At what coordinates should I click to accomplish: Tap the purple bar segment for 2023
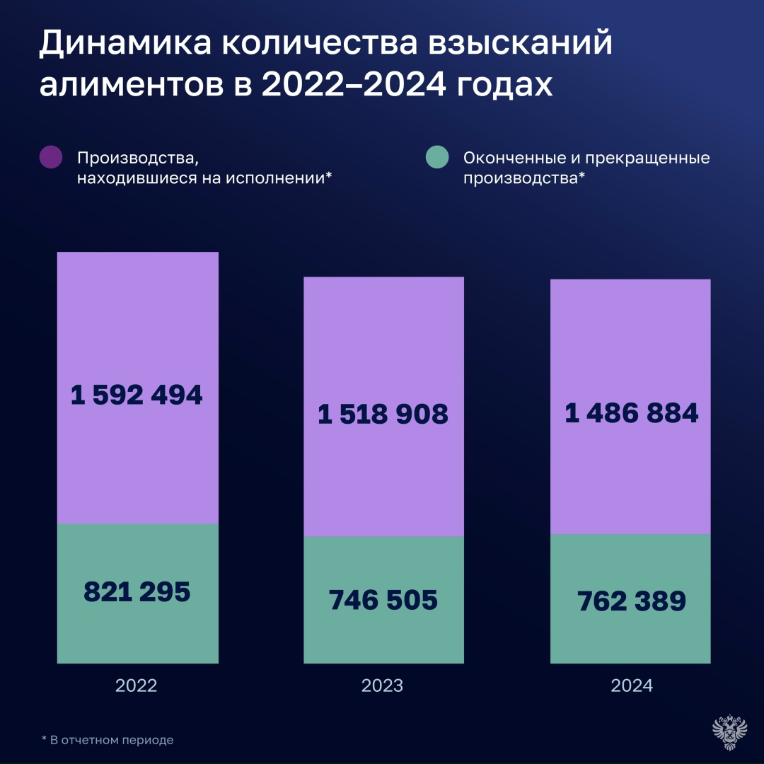pyautogui.click(x=383, y=340)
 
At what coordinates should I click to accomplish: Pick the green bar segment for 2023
pyautogui.click(x=383, y=637)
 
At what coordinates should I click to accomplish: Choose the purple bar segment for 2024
pyautogui.click(x=630, y=340)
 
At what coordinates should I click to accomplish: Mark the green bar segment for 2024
pyautogui.click(x=630, y=637)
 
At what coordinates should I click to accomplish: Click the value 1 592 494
pyautogui.click(x=137, y=395)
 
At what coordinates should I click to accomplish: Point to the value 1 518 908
pyautogui.click(x=383, y=414)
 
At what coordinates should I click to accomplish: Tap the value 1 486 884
pyautogui.click(x=631, y=413)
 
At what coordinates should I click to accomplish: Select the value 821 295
pyautogui.click(x=137, y=591)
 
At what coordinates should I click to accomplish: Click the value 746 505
pyautogui.click(x=383, y=600)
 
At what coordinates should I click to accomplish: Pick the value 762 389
pyautogui.click(x=631, y=601)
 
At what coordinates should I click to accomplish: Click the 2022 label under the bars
pyautogui.click(x=137, y=685)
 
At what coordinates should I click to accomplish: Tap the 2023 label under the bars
pyautogui.click(x=383, y=685)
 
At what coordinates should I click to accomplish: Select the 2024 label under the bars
pyautogui.click(x=631, y=685)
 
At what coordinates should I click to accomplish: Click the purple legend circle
pyautogui.click(x=51, y=157)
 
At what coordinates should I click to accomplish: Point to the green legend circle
pyautogui.click(x=438, y=157)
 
